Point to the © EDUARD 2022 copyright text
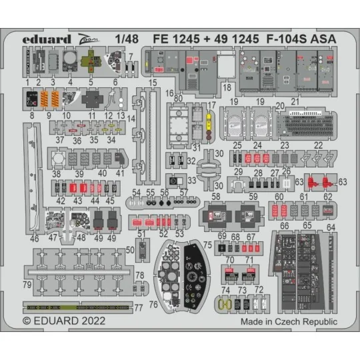pos(63,320)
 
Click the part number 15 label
pos(153,83)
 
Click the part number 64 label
pos(331,227)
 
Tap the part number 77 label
pos(139,309)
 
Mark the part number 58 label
pos(215,198)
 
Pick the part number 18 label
pos(227,87)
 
